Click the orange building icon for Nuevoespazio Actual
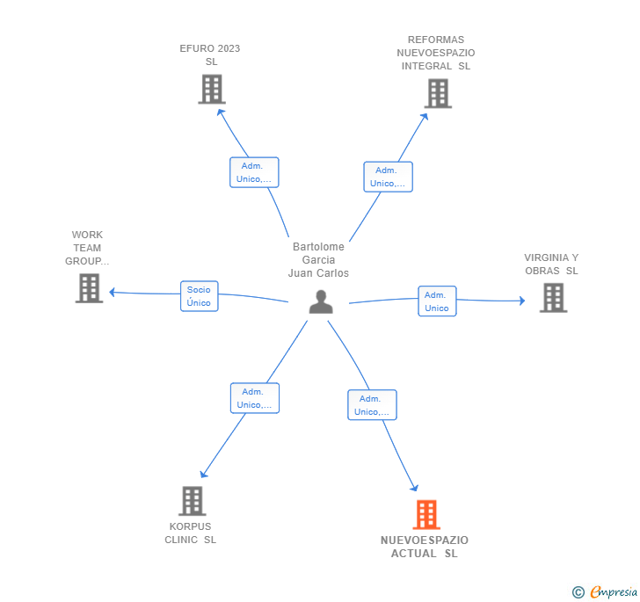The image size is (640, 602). [426, 514]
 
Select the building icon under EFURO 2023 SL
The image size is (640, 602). [212, 89]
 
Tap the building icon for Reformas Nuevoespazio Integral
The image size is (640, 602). [438, 93]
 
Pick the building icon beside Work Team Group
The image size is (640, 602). [89, 288]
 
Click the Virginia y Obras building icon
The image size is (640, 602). [554, 298]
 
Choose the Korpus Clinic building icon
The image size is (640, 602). [193, 501]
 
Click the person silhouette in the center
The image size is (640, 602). [321, 301]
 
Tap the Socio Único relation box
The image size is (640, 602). [200, 296]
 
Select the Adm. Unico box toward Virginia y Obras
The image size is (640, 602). [437, 301]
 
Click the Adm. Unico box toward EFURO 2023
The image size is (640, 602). [254, 172]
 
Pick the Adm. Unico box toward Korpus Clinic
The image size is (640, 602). [255, 398]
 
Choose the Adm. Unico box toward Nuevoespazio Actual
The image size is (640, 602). [372, 405]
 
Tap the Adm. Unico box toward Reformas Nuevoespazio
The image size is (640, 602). [389, 177]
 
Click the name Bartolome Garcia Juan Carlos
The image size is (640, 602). [318, 260]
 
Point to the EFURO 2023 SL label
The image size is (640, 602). [210, 55]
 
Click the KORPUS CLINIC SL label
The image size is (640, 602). [190, 533]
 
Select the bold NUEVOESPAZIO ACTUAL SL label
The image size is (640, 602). [425, 547]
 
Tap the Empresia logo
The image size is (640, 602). [605, 591]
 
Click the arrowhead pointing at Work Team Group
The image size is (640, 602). [113, 293]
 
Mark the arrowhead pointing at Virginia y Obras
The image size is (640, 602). [522, 301]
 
